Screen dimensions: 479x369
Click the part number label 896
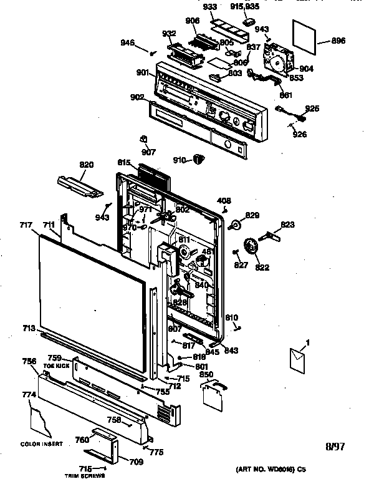[338, 41]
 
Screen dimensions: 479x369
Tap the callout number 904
[306, 69]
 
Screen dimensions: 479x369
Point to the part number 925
[312, 109]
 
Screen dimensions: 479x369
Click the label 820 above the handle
[86, 165]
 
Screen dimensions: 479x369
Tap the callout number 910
[180, 160]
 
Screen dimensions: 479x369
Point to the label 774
[28, 394]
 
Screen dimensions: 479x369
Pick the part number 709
[136, 462]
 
